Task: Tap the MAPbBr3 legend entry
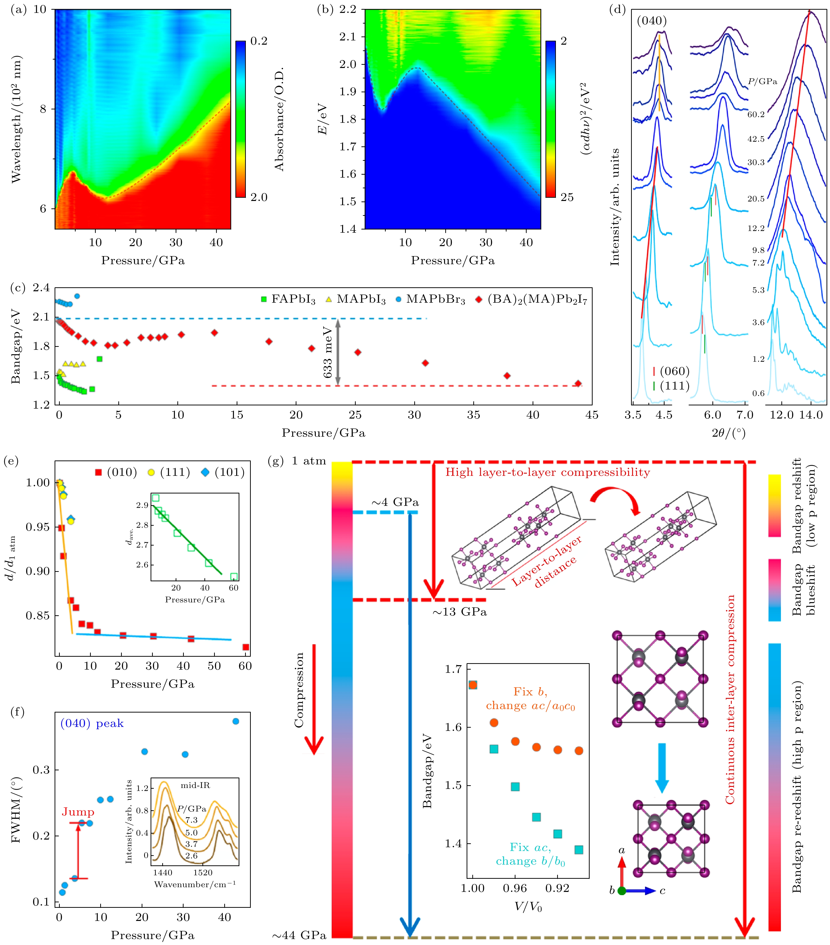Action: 430,300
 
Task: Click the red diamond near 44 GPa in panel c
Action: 578,383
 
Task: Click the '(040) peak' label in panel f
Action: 92,723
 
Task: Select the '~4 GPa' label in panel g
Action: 395,503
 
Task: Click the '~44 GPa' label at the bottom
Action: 299,935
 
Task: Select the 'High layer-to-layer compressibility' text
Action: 548,472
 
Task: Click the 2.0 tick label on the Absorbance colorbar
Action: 259,197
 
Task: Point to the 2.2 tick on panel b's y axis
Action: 348,10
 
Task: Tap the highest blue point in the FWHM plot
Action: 236,721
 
